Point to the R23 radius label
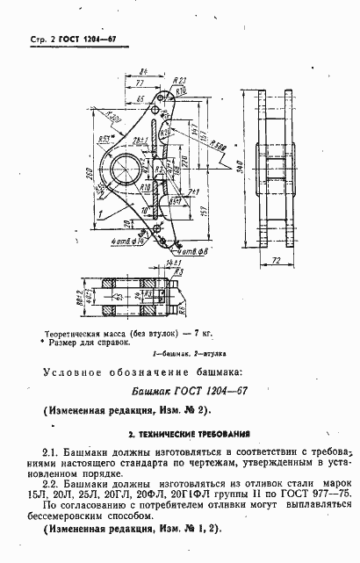tap(181, 79)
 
